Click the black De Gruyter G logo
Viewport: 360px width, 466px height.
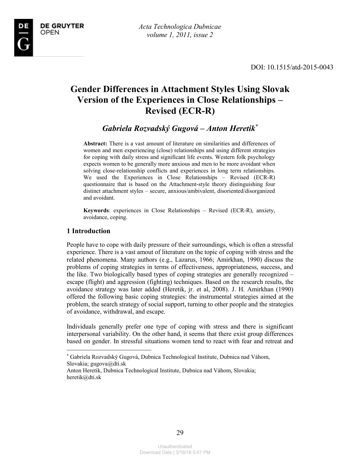pos(24,38)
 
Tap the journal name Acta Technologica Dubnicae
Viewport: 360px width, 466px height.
pos(180,27)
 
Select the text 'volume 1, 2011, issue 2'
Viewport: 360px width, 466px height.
pos(180,35)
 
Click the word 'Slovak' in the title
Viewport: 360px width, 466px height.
pos(276,89)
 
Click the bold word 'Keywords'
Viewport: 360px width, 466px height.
pos(96,211)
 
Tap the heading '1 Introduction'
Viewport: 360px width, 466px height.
pos(88,231)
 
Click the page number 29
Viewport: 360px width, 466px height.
pos(180,433)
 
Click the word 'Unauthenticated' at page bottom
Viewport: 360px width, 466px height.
pos(175,446)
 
